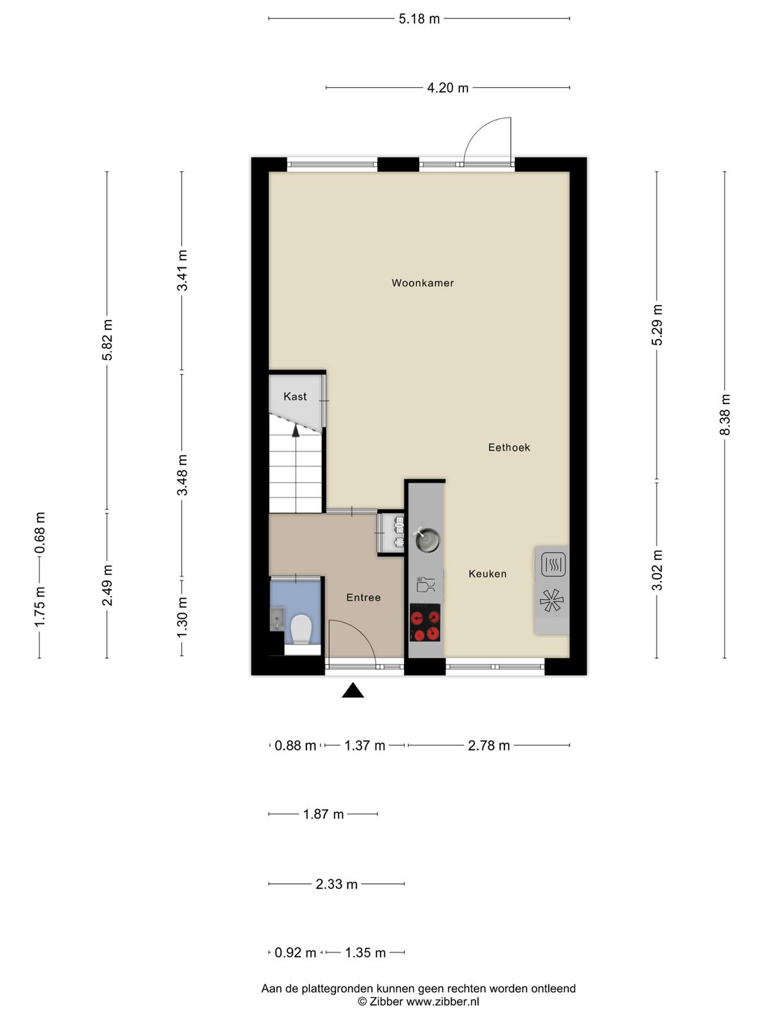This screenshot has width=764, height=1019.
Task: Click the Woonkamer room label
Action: [422, 283]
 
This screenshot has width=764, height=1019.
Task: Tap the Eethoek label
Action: [509, 447]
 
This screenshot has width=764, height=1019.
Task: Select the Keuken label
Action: [487, 573]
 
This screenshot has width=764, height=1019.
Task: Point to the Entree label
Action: [363, 597]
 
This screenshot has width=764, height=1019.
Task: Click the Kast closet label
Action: [295, 396]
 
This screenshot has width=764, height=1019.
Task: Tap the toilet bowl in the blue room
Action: [301, 629]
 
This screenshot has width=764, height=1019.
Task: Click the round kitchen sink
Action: [427, 541]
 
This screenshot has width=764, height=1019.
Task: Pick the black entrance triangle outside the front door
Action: [352, 690]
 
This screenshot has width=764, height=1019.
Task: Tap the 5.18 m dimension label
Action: [419, 19]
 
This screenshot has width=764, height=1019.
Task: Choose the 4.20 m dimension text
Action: [448, 88]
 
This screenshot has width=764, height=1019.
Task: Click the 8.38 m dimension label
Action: [724, 415]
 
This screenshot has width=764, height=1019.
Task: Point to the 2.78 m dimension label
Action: [488, 746]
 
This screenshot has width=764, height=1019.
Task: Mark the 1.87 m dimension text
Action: [323, 814]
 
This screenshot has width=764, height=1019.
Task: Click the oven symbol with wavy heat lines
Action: [553, 565]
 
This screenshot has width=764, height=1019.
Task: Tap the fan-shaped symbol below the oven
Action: [552, 601]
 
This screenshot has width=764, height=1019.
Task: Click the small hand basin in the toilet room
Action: [277, 618]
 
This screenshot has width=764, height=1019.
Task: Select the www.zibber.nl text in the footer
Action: [443, 1002]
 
